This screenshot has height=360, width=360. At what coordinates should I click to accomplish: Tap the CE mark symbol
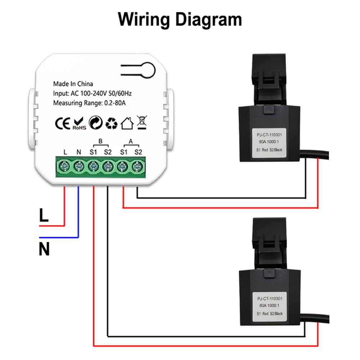[62, 123]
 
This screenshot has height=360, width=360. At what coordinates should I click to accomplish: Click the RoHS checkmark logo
[79, 123]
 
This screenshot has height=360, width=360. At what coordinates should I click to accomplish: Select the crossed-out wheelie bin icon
[141, 122]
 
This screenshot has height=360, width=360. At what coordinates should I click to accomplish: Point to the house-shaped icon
[127, 123]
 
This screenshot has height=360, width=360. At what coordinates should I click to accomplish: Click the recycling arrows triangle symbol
[111, 123]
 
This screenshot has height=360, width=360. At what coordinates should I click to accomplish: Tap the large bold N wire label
[44, 249]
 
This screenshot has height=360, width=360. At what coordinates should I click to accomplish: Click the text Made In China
[73, 84]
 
